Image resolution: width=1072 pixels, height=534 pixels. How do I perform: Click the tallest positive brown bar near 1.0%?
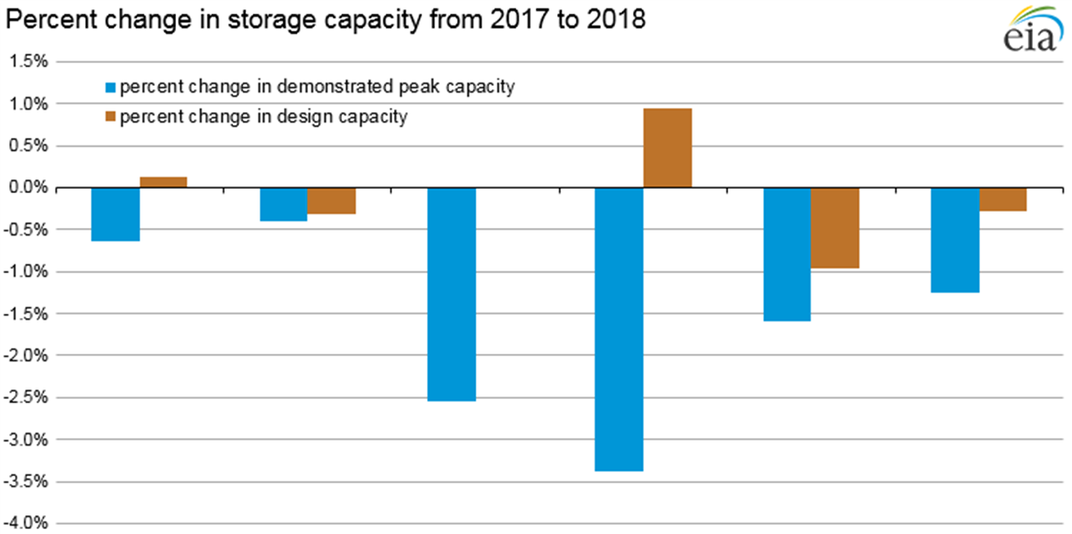667,148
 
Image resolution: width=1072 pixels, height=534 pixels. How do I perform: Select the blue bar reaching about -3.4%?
619,329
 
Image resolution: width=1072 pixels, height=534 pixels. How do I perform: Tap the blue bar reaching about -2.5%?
451,294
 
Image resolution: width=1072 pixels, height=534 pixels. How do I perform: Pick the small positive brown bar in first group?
163,182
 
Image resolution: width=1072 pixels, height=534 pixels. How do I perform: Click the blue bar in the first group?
116,214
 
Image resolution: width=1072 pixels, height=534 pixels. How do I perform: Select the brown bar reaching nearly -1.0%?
835,228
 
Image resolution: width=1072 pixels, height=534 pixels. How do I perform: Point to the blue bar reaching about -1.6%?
786,254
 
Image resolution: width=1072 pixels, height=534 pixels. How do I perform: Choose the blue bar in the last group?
955,240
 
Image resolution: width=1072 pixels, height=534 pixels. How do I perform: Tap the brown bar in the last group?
1002,199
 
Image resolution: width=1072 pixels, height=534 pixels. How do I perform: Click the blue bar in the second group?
283,204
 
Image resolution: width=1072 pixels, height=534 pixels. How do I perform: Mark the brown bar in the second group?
331,201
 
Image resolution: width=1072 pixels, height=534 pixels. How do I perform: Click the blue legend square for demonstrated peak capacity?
110,88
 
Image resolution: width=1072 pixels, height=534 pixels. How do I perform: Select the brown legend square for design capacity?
110,117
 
